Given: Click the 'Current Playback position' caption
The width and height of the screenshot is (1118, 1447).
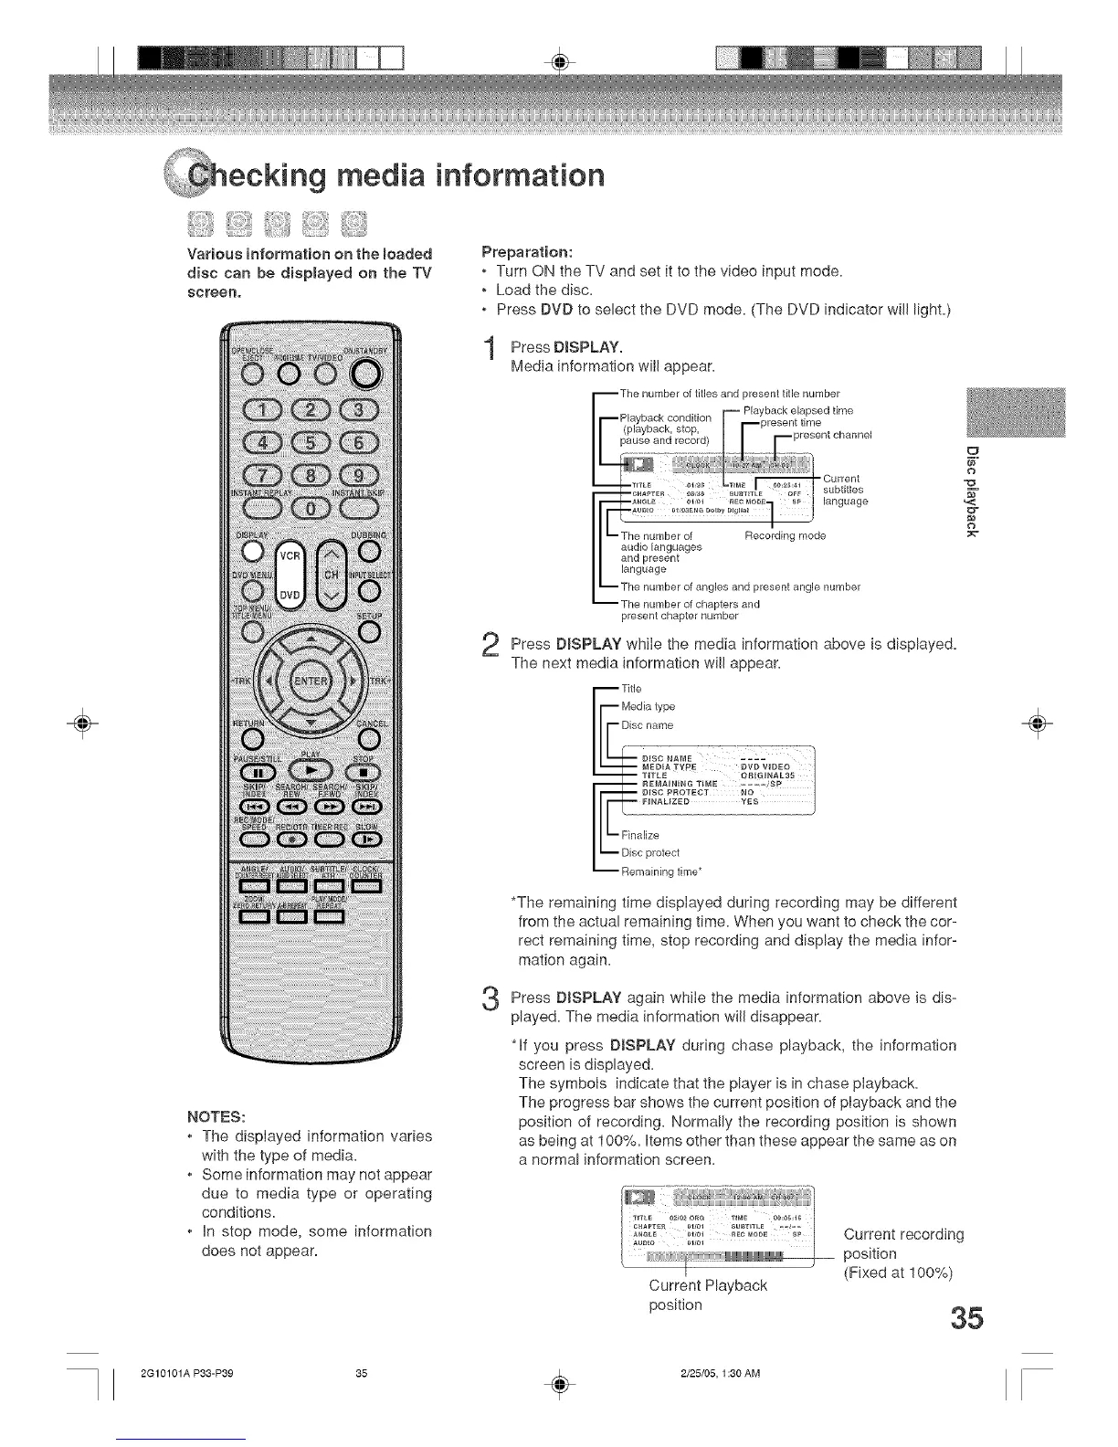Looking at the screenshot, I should [707, 1294].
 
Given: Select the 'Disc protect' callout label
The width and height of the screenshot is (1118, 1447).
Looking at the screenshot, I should [650, 853].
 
